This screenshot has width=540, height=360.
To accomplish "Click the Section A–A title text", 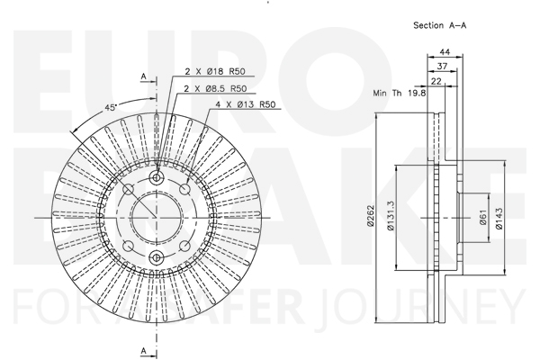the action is (440, 25).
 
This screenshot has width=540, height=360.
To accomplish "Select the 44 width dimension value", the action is (445, 52).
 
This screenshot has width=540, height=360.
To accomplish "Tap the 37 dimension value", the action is (442, 66).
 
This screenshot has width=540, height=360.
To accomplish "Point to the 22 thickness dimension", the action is (436, 81).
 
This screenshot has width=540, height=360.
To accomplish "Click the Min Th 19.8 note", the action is (400, 93).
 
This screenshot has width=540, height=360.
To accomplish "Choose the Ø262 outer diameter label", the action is (371, 216).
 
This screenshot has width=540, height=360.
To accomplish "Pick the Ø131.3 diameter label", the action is (391, 216).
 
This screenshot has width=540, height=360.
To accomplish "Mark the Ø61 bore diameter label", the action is (483, 218).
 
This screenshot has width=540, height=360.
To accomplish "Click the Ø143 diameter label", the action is (499, 219).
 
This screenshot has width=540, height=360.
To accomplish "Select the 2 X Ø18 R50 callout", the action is (215, 71).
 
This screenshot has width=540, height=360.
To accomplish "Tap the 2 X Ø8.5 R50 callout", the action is (216, 88).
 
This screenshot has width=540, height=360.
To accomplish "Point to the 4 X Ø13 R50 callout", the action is (246, 104).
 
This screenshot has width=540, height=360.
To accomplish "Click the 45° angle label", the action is (111, 107).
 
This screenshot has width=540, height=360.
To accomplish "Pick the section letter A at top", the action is (144, 76).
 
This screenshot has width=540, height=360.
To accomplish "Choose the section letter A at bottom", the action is (144, 351).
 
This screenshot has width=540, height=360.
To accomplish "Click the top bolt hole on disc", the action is (157, 178).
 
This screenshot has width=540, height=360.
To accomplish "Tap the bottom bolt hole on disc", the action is (157, 257).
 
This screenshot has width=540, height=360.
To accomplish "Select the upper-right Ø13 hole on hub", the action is (184, 189).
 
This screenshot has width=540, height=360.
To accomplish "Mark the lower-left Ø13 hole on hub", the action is (129, 246).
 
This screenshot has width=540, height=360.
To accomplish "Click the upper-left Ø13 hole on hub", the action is (129, 189).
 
